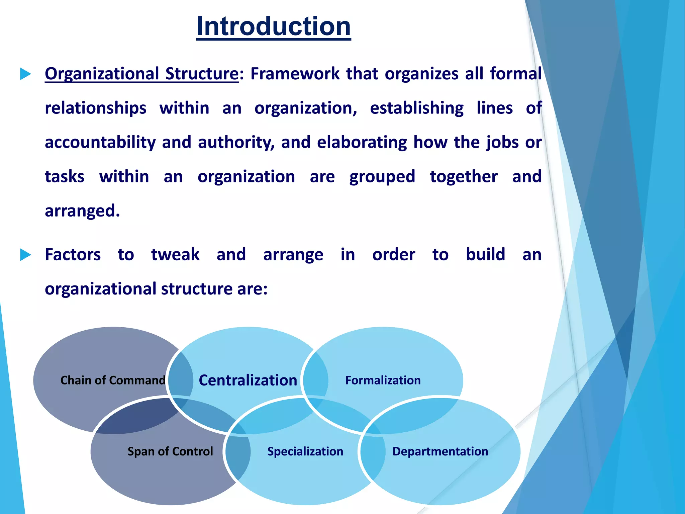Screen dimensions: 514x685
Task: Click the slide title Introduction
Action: tap(274, 26)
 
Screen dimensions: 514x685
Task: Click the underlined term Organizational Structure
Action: tap(141, 74)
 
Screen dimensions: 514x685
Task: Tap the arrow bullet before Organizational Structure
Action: tap(25, 74)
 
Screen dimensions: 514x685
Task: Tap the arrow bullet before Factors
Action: tap(25, 255)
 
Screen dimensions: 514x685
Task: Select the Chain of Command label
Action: tap(113, 380)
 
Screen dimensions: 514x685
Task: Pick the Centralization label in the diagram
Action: tap(248, 380)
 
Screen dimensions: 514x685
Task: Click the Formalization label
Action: tap(383, 380)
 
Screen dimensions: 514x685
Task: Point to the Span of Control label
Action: tap(170, 451)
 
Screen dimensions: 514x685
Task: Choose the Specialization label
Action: tap(305, 451)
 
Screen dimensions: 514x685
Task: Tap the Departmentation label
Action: tap(440, 451)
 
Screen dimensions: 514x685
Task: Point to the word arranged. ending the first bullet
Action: tap(82, 211)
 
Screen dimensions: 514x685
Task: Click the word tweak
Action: tap(175, 255)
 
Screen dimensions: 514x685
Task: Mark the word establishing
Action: tap(417, 108)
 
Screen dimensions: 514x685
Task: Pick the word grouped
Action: tap(382, 177)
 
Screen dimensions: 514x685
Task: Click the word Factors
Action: tap(73, 255)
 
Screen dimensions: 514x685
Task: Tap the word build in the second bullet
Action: tap(485, 255)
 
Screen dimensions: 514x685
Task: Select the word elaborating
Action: tap(362, 142)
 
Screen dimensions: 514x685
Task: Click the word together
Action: tap(464, 177)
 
